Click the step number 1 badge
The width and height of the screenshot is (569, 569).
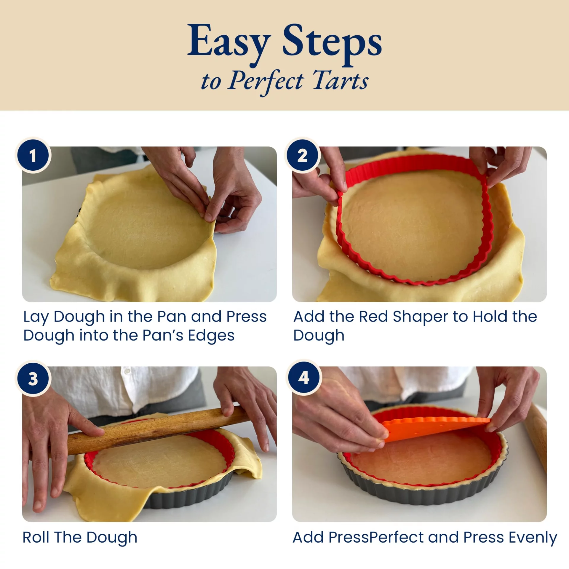coord(33,155)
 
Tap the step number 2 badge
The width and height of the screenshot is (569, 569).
coord(303,155)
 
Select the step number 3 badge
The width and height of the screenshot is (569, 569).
coord(33,378)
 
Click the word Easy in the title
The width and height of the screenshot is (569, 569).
coord(229,44)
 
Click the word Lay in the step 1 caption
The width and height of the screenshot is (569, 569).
coord(36,317)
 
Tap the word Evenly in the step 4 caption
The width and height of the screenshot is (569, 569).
coord(533,538)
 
